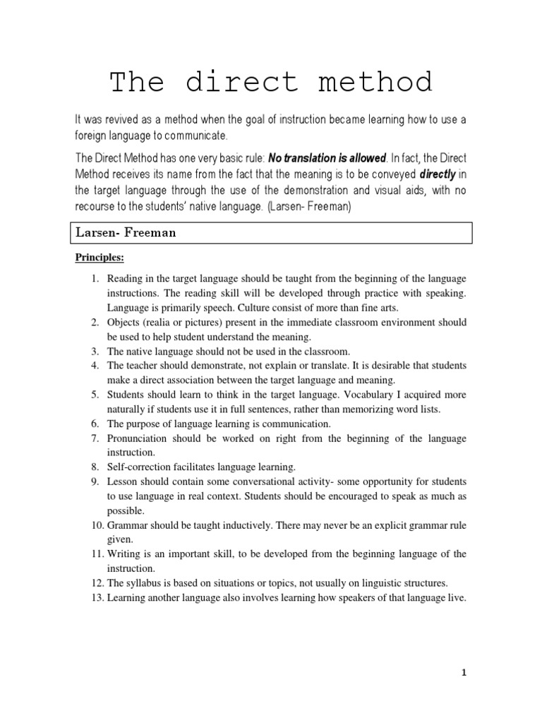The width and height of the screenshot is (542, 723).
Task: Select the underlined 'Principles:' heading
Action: point(100,257)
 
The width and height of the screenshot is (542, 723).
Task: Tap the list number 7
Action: point(97,438)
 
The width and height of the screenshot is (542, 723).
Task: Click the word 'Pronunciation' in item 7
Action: point(139,438)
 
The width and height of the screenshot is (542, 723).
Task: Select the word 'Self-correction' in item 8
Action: point(138,467)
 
